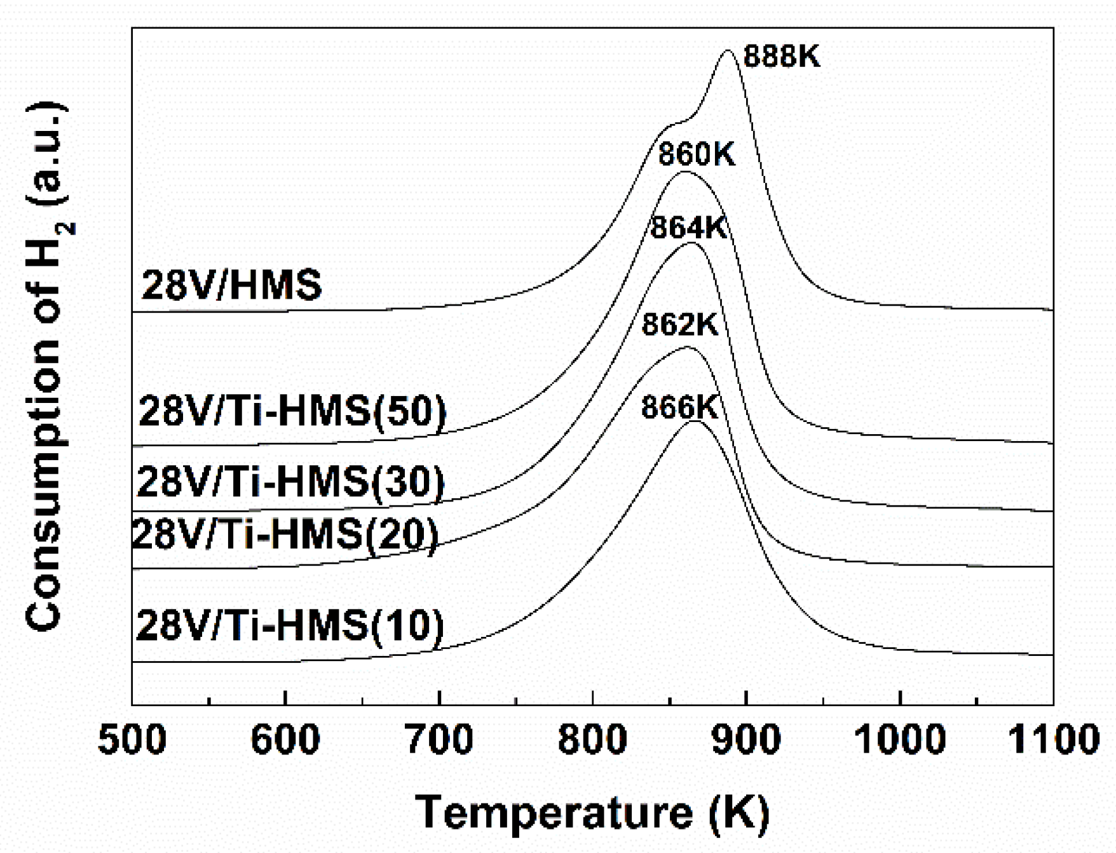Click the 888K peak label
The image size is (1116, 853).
coord(782,57)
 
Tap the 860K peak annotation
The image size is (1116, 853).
coord(696,154)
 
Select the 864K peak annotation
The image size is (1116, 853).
coord(688,228)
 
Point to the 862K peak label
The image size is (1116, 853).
coord(679,325)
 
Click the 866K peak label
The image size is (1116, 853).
coord(679,407)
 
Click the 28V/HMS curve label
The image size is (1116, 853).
coord(231,285)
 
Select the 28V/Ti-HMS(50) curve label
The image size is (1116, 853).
coord(292,412)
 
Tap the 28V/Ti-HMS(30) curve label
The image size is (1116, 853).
coord(290,481)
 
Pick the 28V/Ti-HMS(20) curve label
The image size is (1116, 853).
coord(285,534)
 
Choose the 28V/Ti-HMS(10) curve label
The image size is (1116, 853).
coord(290,625)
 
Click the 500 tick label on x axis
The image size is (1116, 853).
coord(132,740)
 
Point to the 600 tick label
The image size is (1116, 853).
coord(285,740)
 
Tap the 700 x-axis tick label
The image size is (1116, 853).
coord(439,740)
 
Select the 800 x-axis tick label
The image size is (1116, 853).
coord(592,740)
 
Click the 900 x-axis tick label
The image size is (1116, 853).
coord(746,740)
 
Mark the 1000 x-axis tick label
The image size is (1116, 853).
coord(900,740)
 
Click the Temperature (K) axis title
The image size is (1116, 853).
coord(592,813)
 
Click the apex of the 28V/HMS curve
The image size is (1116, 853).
coord(728,51)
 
